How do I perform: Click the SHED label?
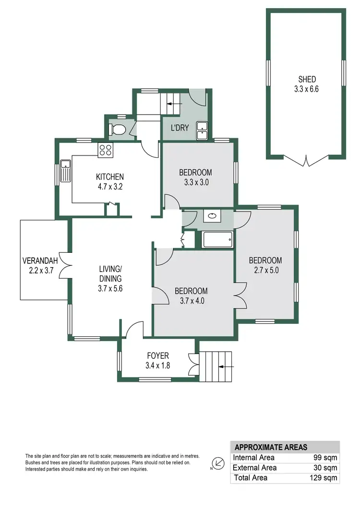(x=307, y=79)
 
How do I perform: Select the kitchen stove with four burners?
(x=105, y=150)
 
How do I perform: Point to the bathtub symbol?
(x=217, y=239)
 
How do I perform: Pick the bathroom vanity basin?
(x=211, y=216)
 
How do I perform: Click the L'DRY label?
(x=180, y=128)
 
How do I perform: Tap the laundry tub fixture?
(x=203, y=130)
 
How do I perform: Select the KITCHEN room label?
(x=109, y=177)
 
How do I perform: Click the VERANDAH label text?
(x=40, y=261)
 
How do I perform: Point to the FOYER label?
(x=158, y=355)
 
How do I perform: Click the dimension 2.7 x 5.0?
(x=265, y=270)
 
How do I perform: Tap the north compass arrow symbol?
(x=218, y=464)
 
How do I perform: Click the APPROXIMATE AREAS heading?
(x=271, y=447)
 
